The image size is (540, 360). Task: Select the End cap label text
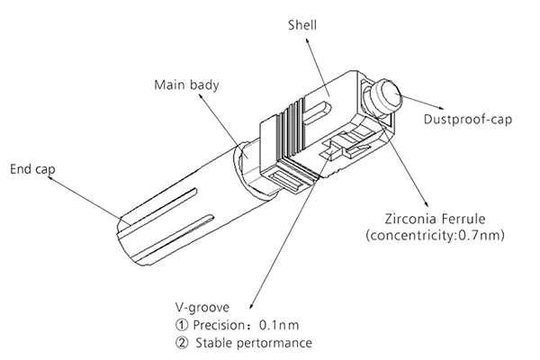click(31, 168)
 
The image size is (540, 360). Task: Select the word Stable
click(218, 343)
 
